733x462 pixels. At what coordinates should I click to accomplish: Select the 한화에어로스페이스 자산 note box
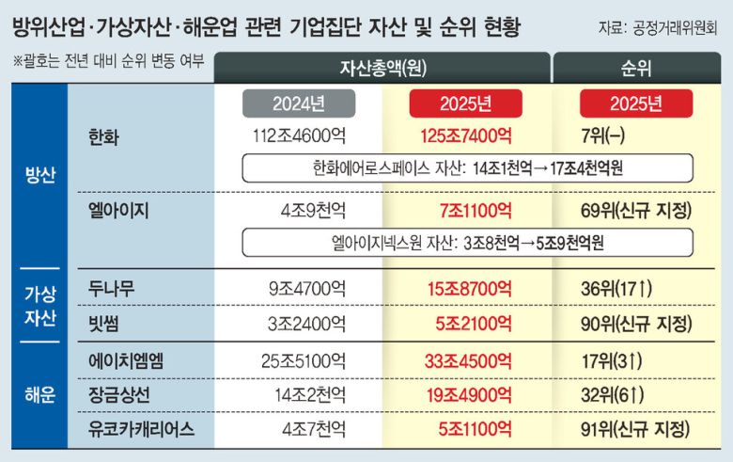[x=468, y=168]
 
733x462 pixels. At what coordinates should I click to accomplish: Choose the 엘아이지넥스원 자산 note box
[x=468, y=242]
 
